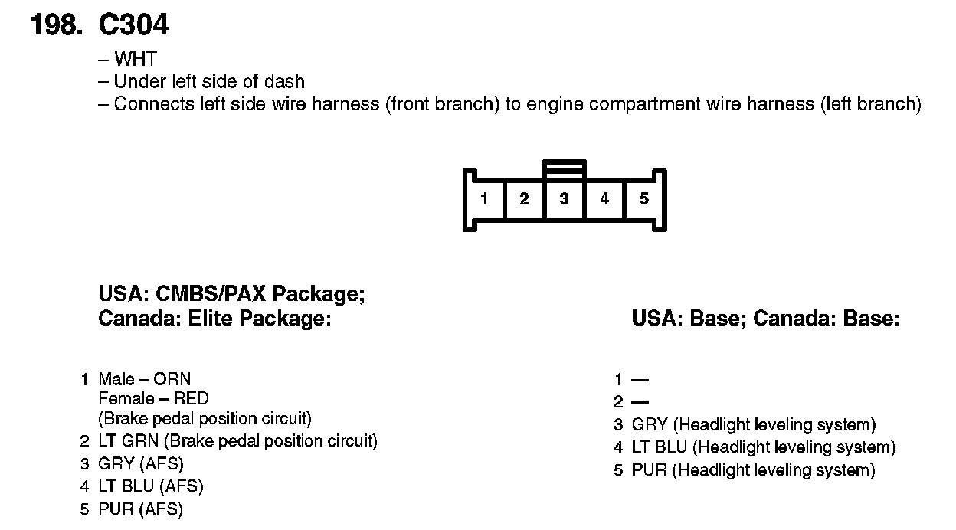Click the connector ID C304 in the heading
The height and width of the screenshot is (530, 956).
133,26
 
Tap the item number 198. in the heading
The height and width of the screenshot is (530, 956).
55,26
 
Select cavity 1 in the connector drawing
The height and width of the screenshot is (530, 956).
484,199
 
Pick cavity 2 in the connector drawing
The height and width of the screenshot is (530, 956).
524,199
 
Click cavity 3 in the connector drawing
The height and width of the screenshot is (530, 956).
564,199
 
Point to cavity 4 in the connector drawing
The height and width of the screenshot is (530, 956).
604,199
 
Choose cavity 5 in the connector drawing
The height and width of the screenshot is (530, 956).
644,199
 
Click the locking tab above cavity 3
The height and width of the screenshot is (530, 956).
564,169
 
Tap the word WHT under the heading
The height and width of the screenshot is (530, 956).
135,60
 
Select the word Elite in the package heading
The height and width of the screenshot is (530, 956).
211,319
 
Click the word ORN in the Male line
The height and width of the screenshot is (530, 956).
172,379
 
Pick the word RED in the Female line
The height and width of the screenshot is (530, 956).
191,398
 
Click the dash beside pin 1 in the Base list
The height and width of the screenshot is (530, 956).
640,379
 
